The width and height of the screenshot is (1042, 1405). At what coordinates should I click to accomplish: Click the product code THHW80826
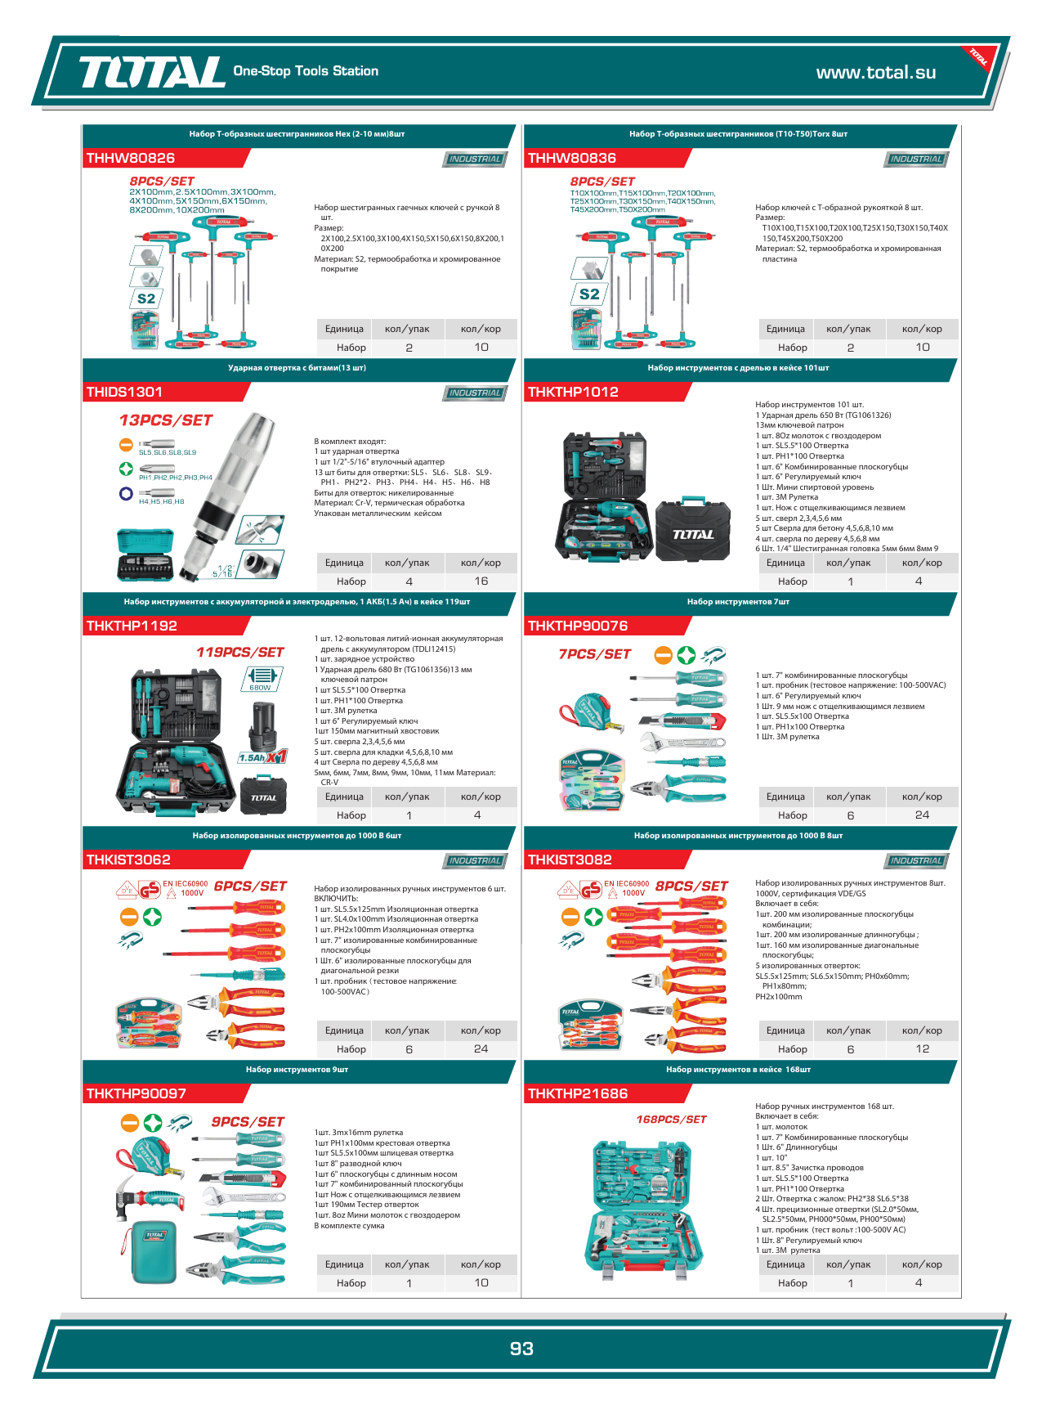(x=131, y=158)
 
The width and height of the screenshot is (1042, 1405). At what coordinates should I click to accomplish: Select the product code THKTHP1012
(x=573, y=392)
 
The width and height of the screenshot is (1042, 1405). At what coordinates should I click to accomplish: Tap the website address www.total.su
(x=875, y=72)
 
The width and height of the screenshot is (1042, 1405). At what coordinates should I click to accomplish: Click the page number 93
(x=521, y=1349)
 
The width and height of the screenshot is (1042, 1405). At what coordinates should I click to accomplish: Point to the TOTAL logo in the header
(x=152, y=72)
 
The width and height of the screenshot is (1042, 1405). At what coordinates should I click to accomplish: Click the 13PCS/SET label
(x=166, y=420)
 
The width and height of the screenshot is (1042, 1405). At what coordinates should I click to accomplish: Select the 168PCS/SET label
(x=671, y=1119)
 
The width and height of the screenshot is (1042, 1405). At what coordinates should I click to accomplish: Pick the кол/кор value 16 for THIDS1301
(x=481, y=581)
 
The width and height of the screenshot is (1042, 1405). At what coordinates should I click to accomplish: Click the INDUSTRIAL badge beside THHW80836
(x=916, y=159)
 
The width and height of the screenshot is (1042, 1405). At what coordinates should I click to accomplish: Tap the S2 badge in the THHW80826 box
(x=146, y=299)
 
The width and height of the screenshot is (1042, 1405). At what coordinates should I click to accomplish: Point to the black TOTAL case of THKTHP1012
(x=693, y=531)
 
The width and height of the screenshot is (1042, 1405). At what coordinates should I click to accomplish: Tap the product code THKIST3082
(x=570, y=860)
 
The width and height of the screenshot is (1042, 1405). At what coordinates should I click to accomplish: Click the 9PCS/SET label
(x=248, y=1122)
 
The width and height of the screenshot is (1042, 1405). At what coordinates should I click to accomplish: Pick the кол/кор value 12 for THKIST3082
(x=922, y=1049)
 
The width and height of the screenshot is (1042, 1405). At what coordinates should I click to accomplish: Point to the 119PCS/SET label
(x=239, y=652)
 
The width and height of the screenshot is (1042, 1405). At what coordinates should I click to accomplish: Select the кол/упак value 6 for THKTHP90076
(x=850, y=815)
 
